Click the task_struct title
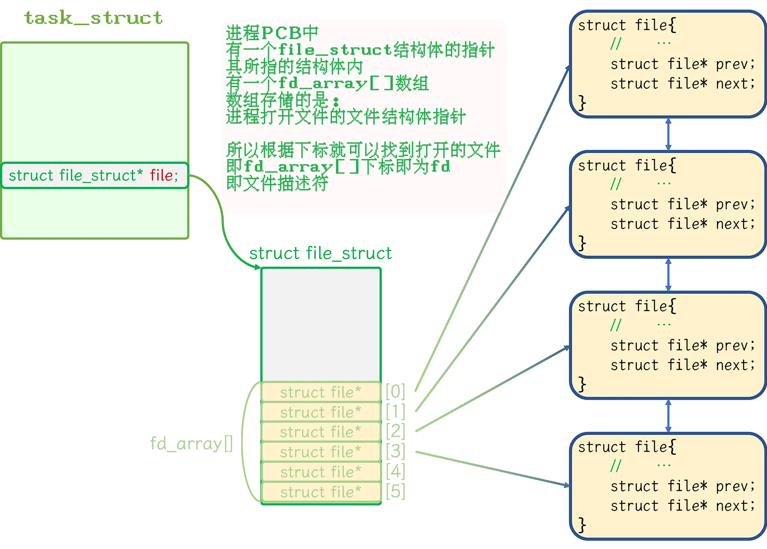pos(93,18)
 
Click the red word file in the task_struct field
pos(161,176)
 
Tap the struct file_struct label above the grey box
pos(320,254)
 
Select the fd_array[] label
pos(191,444)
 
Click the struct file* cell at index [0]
pos(321,392)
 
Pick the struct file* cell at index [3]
pos(321,452)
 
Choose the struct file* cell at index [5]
pos(321,492)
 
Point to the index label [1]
pos(395,411)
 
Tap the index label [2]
pos(395,431)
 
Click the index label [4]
pos(395,471)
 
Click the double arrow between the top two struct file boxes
pos(668,134)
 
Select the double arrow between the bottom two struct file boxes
pos(668,416)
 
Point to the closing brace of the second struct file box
pos(582,243)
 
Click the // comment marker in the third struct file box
pos(616,325)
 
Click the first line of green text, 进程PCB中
pos(272,33)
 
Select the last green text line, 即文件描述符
pos(277,183)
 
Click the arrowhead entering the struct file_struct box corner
pos(258,267)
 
